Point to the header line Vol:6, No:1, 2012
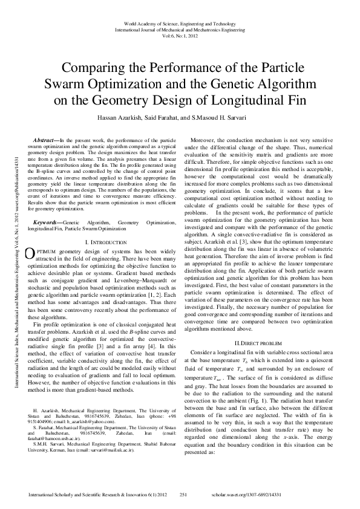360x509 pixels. pos(180,34)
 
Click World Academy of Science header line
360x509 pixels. pos(180,22)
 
